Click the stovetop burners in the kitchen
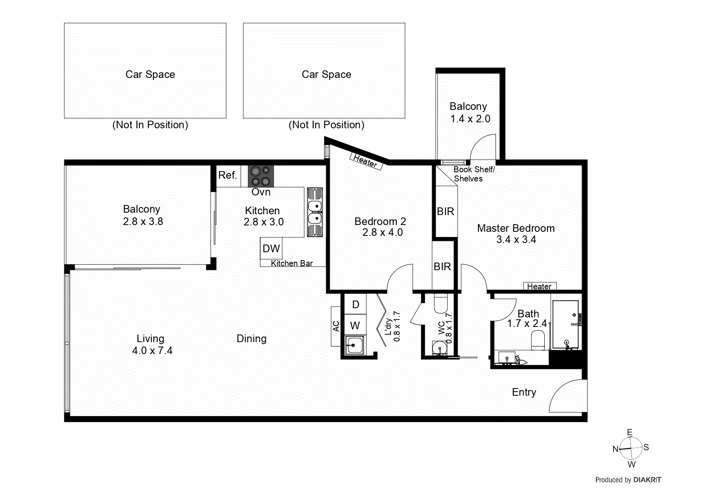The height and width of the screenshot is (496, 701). coord(261,176)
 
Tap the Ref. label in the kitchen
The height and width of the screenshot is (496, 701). coord(227,175)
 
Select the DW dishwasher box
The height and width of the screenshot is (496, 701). coord(271,249)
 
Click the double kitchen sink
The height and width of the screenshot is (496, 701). coord(315,212)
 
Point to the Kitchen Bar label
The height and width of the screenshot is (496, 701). coord(292,263)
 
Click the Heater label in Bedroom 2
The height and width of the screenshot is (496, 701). coord(365,161)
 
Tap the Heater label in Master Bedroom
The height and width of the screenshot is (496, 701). coord(539,286)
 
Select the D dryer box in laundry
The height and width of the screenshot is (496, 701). coord(356,305)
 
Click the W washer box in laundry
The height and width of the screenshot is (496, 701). coord(355,326)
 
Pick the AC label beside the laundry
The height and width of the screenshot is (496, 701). coord(336,326)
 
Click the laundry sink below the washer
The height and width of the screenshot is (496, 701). coord(354,345)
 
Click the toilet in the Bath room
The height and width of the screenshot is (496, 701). coord(538,341)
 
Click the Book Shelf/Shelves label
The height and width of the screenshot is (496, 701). coord(474,174)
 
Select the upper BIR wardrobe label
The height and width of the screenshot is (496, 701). coord(445,211)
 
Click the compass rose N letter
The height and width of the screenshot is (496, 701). coord(615,449)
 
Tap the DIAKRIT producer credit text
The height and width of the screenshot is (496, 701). coord(647,480)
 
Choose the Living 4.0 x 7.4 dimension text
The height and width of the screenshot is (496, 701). coord(152,351)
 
